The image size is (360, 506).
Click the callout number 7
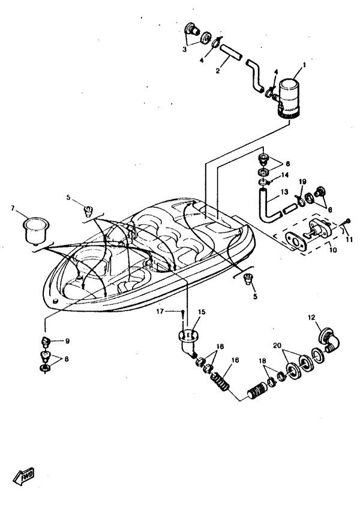13,208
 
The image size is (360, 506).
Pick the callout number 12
311,317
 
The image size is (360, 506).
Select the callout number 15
202,312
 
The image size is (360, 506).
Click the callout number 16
235,360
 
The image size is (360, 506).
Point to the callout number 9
67,341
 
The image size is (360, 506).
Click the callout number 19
302,180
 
